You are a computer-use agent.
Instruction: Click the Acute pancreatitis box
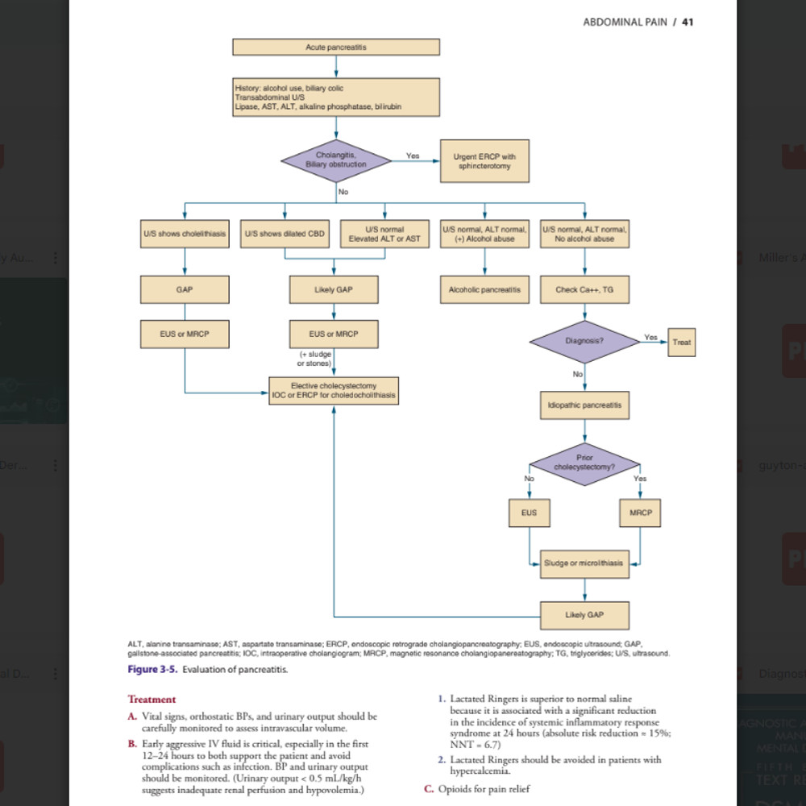tap(336, 48)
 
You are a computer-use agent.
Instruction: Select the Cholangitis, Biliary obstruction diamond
tap(336, 159)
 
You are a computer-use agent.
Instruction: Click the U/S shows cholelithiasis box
tap(185, 234)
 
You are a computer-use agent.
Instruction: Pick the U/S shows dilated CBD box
tap(285, 234)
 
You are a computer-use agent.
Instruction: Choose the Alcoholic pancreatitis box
tap(484, 289)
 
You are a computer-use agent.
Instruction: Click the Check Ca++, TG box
tap(584, 289)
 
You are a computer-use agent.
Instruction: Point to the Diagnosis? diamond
tap(584, 341)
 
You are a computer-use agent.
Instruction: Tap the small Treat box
tap(681, 342)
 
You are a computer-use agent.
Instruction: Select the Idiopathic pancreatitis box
tap(584, 404)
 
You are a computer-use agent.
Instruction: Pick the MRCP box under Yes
tap(641, 513)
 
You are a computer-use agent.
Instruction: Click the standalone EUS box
tap(529, 513)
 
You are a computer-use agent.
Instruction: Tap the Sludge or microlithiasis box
tap(584, 563)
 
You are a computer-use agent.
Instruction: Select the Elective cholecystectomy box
tap(334, 390)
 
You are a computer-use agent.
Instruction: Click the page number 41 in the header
tap(688, 22)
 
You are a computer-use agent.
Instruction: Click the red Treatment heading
tap(152, 700)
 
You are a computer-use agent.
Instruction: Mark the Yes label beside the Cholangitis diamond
tap(413, 155)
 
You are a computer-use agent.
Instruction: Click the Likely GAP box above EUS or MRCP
tap(334, 289)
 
